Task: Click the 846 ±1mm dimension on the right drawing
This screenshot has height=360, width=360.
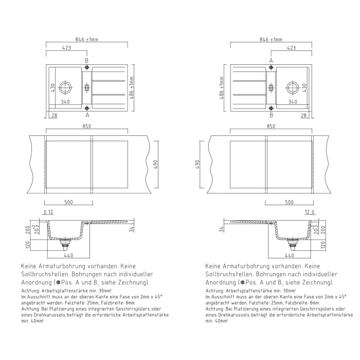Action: (x=271, y=39)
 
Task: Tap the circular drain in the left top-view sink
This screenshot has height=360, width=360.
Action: (x=65, y=87)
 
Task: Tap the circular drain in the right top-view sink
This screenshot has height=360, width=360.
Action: (x=292, y=87)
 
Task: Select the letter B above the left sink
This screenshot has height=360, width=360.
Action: (x=87, y=61)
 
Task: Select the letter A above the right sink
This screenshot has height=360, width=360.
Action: (x=271, y=61)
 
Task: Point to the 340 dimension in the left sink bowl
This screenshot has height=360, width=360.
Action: (x=65, y=102)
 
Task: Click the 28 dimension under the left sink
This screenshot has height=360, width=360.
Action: (x=54, y=116)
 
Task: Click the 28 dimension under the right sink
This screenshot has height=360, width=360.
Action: (x=303, y=116)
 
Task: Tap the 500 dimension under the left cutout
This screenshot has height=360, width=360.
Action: (x=68, y=202)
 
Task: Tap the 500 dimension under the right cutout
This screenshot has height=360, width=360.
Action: (x=289, y=202)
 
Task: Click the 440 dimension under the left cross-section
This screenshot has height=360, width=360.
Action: (x=68, y=256)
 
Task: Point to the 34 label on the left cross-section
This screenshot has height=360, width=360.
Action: (x=132, y=228)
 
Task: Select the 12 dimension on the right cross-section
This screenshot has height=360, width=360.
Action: (x=307, y=212)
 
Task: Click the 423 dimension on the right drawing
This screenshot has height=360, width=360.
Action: (x=291, y=48)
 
